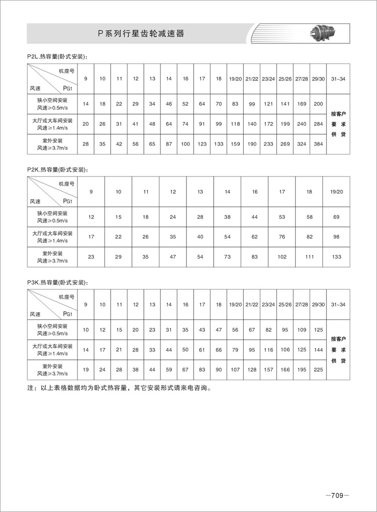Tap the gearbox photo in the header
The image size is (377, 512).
[x=322, y=34]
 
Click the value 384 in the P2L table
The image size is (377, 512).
[x=318, y=144]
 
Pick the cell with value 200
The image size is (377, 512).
[x=318, y=104]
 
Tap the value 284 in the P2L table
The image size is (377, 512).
[x=318, y=124]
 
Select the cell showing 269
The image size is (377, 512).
[x=285, y=144]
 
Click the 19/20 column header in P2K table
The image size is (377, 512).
[x=336, y=192]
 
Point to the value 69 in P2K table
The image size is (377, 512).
[x=336, y=217]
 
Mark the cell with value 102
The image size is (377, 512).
[x=282, y=257]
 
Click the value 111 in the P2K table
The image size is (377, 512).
[x=309, y=257]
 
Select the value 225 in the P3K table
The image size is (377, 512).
[x=318, y=370]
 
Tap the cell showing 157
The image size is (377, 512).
[x=268, y=370]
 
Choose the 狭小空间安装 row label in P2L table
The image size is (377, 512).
[x=52, y=104]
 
